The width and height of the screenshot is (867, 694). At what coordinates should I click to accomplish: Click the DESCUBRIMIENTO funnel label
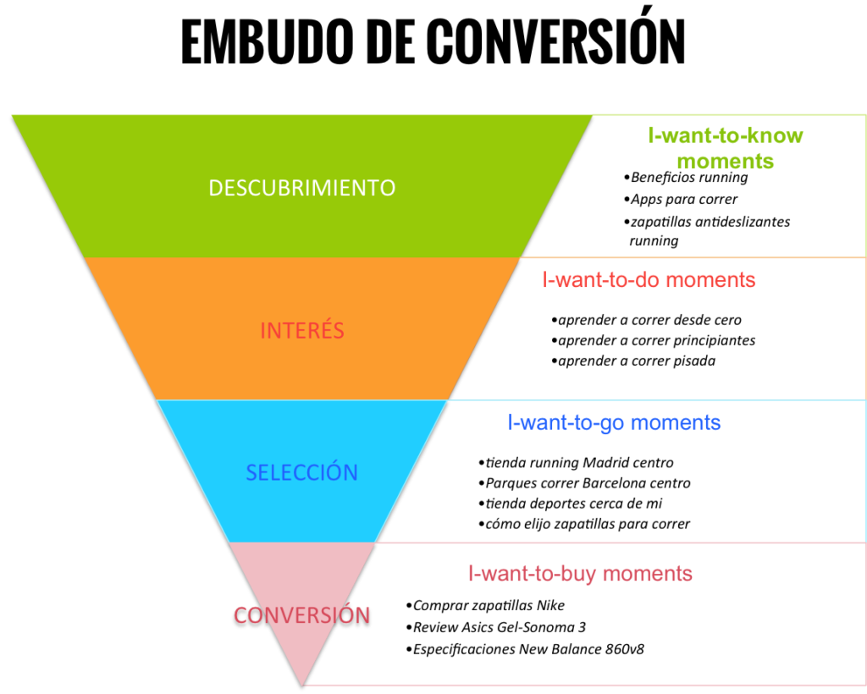[302, 188]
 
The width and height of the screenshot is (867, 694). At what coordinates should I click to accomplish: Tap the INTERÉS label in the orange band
[302, 330]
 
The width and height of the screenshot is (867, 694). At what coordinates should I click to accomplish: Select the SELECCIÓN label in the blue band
[302, 472]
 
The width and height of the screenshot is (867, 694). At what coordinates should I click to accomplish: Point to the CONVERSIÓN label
[302, 615]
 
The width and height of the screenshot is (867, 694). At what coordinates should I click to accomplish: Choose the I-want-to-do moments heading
[649, 280]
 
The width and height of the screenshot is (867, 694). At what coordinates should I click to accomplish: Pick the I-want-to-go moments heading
[614, 422]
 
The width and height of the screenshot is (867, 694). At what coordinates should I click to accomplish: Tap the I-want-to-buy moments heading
[580, 574]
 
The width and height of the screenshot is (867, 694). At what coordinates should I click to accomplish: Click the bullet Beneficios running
[688, 178]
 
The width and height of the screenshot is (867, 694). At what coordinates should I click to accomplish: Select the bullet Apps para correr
[683, 200]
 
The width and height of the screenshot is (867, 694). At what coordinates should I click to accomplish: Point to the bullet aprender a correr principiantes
[655, 340]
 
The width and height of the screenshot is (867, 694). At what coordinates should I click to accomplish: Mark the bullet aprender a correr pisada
[636, 361]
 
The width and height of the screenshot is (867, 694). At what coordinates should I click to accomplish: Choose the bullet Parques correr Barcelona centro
[588, 483]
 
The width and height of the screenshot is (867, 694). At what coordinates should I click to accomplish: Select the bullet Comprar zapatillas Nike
[488, 606]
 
